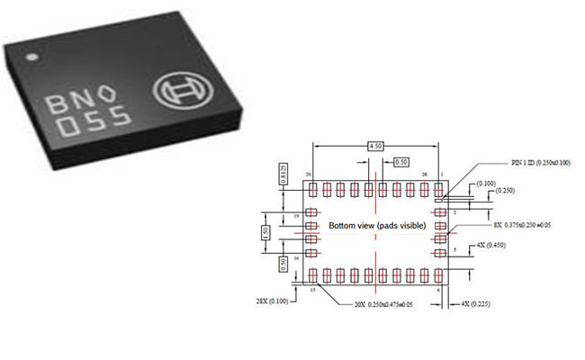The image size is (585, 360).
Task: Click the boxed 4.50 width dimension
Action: coord(376,145)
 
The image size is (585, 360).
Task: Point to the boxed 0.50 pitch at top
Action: coord(401,162)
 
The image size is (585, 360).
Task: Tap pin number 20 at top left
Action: coord(309,174)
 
